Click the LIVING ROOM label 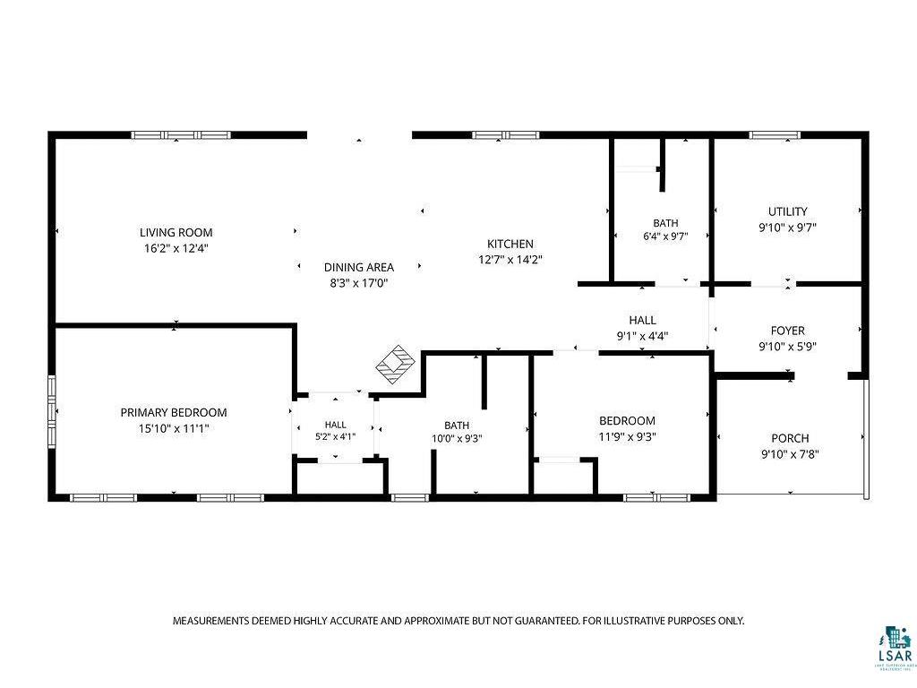click(x=176, y=232)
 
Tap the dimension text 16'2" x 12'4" click(x=176, y=248)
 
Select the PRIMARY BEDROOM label click(x=174, y=412)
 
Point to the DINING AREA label click(x=359, y=267)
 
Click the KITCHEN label click(x=510, y=244)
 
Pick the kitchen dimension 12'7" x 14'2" click(x=510, y=260)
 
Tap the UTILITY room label click(x=788, y=211)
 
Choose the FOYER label click(x=788, y=331)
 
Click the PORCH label click(x=790, y=438)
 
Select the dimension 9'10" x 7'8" click(x=790, y=454)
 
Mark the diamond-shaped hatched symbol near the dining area click(x=395, y=365)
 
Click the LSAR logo click(x=895, y=648)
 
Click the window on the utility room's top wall click(x=775, y=135)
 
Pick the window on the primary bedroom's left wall click(x=52, y=411)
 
